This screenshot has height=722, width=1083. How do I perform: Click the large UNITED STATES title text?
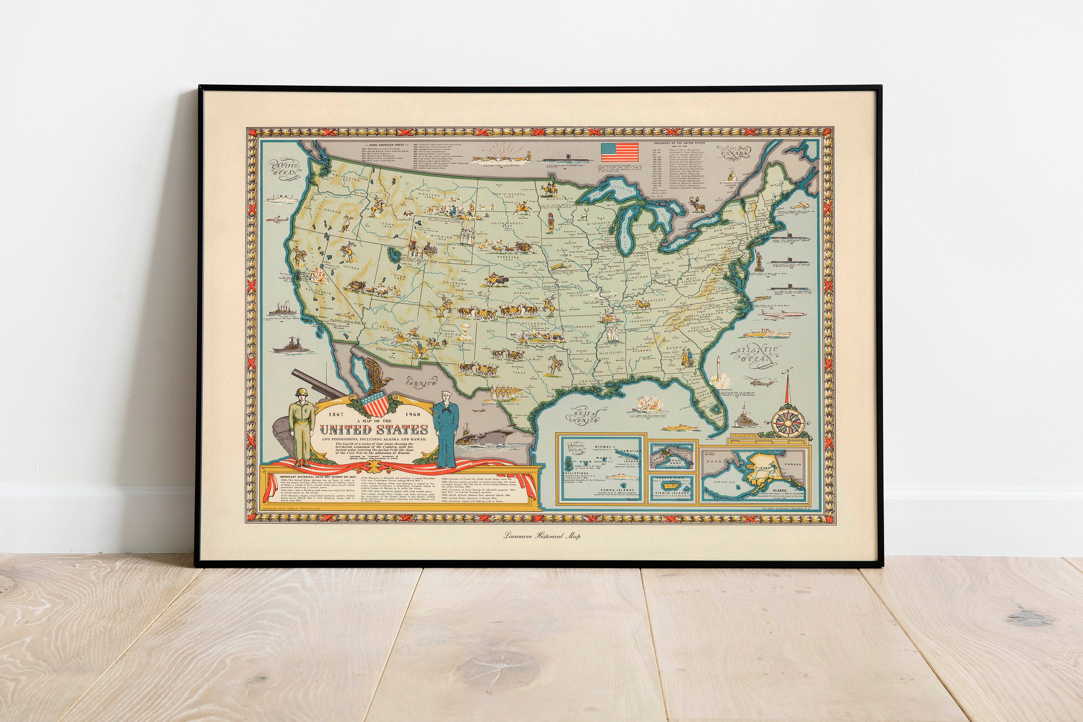point(374,430)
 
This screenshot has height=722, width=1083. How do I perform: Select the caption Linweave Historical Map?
point(542,536)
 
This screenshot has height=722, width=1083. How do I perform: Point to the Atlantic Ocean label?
point(756,356)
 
